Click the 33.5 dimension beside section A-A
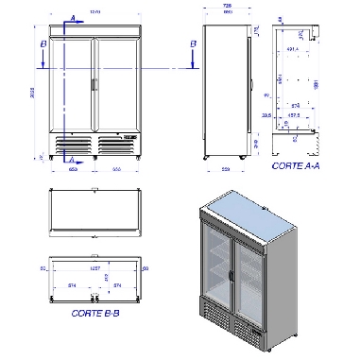tap(268, 118)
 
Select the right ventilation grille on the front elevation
tap(115, 144)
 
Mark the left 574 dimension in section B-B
tap(73, 283)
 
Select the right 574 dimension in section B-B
tap(116, 283)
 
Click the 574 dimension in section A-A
tap(296, 106)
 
